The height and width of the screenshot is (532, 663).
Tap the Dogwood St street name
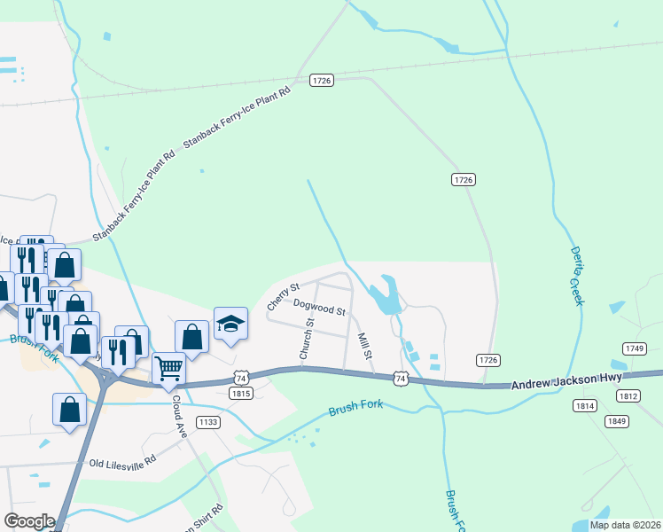click(319, 309)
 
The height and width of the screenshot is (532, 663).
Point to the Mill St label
click(363, 345)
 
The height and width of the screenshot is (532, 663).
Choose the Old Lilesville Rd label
click(122, 461)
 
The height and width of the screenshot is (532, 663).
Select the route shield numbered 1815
click(241, 393)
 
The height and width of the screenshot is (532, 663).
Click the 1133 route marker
click(207, 422)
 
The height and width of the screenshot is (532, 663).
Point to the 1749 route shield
click(634, 348)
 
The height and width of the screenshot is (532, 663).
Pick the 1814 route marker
click(584, 405)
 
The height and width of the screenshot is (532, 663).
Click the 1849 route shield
click(617, 420)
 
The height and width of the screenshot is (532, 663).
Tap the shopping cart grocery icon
click(168, 367)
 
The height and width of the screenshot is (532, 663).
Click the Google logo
click(29, 521)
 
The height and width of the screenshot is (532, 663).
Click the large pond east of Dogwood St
click(385, 295)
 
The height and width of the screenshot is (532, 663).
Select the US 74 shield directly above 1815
click(241, 377)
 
